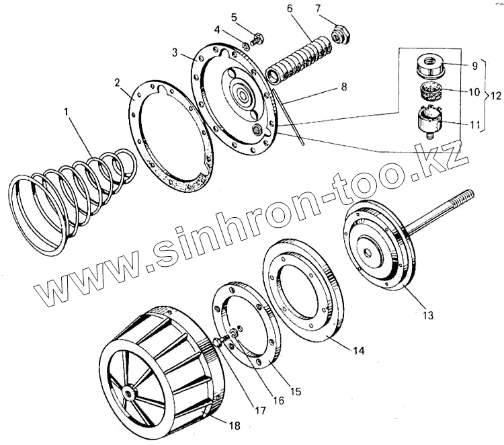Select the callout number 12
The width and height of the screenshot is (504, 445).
(494, 93)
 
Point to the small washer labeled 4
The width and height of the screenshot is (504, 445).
(246, 47)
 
